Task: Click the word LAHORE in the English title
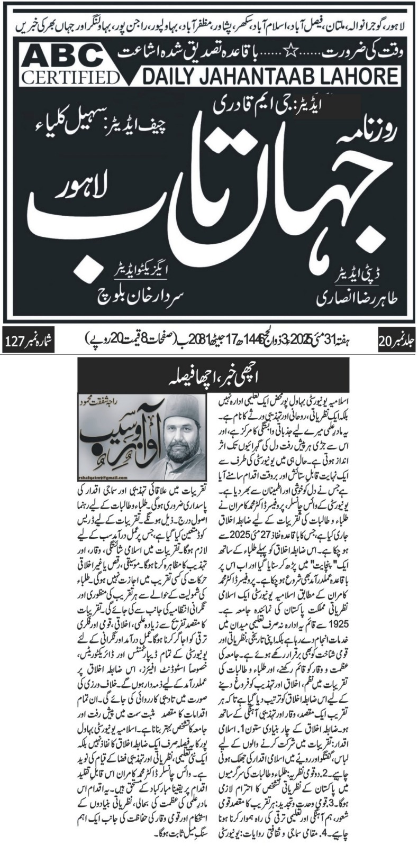click(358, 77)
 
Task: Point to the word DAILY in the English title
click(168, 77)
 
